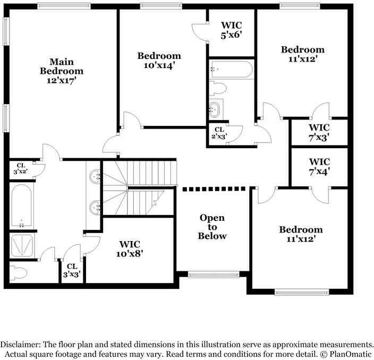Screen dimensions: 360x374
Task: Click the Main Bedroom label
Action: (62, 71)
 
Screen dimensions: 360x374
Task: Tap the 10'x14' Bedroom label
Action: (159, 61)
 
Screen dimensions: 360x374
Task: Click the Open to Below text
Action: (212, 227)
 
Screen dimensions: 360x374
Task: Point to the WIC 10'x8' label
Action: (130, 248)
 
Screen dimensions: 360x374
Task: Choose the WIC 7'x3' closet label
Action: (319, 132)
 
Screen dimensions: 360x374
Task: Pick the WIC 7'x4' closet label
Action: (319, 166)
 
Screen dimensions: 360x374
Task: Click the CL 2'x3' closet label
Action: (219, 133)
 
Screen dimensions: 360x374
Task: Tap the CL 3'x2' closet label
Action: (20, 168)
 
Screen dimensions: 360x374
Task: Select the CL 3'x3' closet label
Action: (72, 270)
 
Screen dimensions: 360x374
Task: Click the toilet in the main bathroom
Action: (19, 273)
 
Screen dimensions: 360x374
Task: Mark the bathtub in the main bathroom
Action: (21, 206)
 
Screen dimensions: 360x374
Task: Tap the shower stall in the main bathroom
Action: (21, 246)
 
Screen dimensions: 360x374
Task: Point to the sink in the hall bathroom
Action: (215, 110)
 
